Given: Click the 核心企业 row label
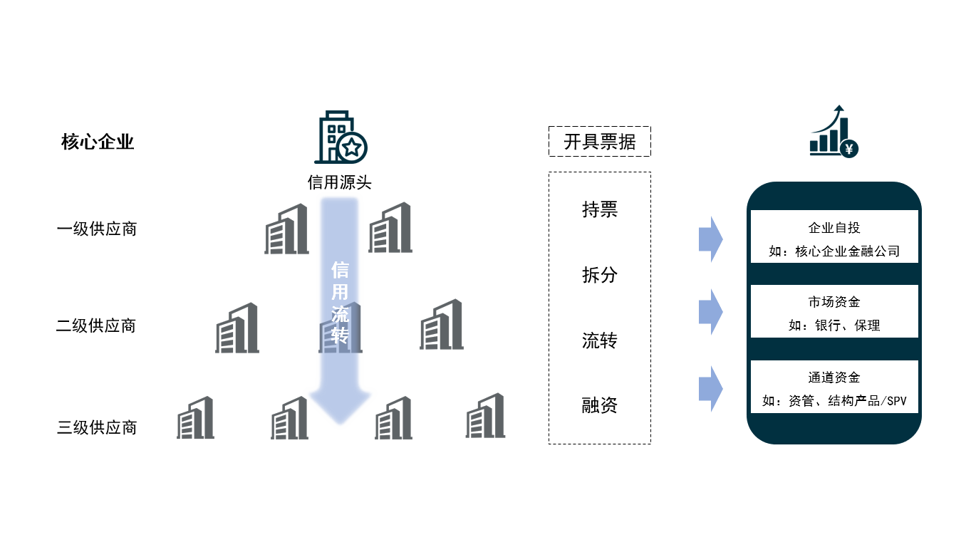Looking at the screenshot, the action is [x=98, y=142].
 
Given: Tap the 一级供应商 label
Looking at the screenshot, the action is [x=97, y=229].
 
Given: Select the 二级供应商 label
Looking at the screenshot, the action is [x=95, y=325].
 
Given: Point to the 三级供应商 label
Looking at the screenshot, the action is [x=97, y=427].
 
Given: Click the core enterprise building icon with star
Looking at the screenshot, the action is [x=341, y=137].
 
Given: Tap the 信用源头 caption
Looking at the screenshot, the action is [x=339, y=182].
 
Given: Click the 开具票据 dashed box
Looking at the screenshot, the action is [x=600, y=141].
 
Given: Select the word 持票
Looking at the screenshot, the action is [x=600, y=210].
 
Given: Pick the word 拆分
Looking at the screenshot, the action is [x=600, y=275].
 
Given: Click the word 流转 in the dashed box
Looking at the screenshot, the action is [x=600, y=340].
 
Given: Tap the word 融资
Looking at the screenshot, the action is [x=600, y=405].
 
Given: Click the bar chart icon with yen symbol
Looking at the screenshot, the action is [x=834, y=131].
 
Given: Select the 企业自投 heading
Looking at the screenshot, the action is [x=834, y=227].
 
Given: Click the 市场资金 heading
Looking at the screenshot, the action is [x=834, y=302].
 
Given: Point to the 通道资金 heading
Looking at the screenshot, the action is [x=834, y=377].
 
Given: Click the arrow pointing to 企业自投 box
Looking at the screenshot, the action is [x=710, y=239].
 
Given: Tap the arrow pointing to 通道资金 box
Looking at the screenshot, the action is [x=710, y=389].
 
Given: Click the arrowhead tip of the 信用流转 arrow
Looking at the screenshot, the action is [x=340, y=424].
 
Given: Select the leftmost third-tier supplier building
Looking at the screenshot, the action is [x=195, y=417].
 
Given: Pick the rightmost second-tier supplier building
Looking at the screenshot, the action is [x=441, y=324].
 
